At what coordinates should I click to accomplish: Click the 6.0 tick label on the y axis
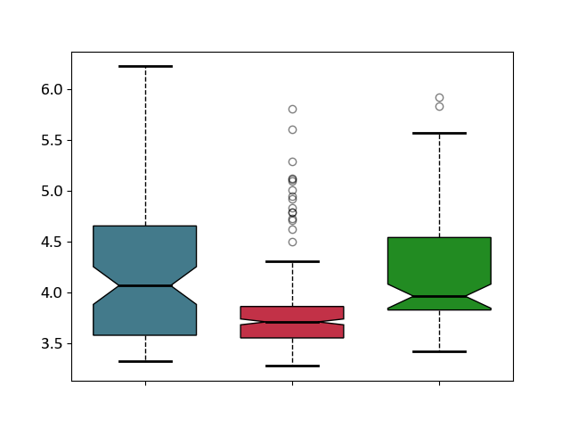tap(52, 89)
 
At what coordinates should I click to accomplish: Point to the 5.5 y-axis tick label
tap(52, 141)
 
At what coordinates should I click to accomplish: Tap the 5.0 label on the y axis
tap(52, 191)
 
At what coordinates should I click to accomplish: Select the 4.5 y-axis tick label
tap(52, 242)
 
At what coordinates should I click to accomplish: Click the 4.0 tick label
tap(52, 293)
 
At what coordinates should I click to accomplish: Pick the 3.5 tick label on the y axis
tap(52, 344)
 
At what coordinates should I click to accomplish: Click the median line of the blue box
tap(145, 285)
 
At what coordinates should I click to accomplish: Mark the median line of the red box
tap(292, 322)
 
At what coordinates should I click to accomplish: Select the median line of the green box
tap(439, 297)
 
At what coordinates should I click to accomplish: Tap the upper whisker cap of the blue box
tap(145, 66)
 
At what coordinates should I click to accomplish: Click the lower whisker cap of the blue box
tap(145, 361)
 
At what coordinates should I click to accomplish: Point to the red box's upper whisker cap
tap(292, 261)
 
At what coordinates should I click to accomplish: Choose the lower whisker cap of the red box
tap(292, 366)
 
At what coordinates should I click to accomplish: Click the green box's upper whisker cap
tap(439, 133)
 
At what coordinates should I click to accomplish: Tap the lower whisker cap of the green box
tap(439, 351)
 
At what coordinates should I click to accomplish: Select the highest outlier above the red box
tap(292, 109)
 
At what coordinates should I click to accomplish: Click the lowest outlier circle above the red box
tap(292, 242)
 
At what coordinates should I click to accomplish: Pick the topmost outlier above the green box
tap(439, 97)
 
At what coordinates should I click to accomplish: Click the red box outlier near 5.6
tap(292, 129)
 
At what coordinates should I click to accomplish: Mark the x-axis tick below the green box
tap(439, 383)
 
